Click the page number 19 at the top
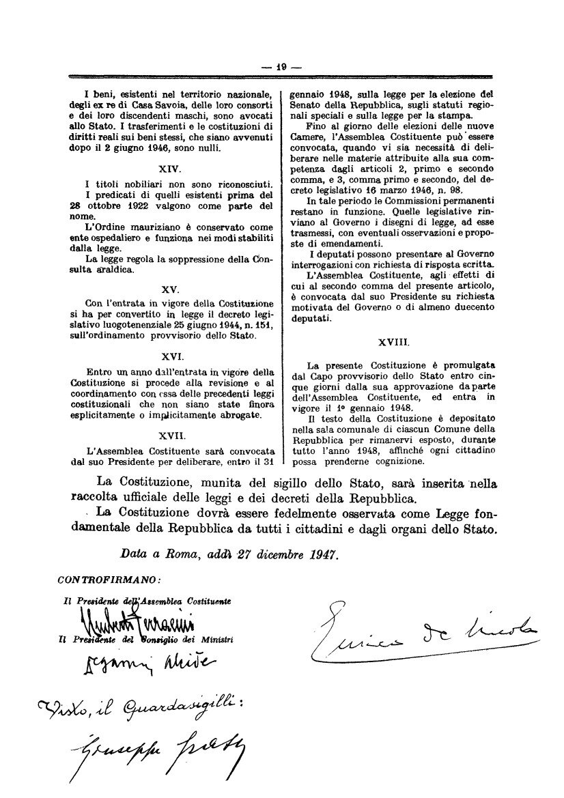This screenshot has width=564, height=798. (x=281, y=67)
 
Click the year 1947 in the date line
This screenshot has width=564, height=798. (x=321, y=555)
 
